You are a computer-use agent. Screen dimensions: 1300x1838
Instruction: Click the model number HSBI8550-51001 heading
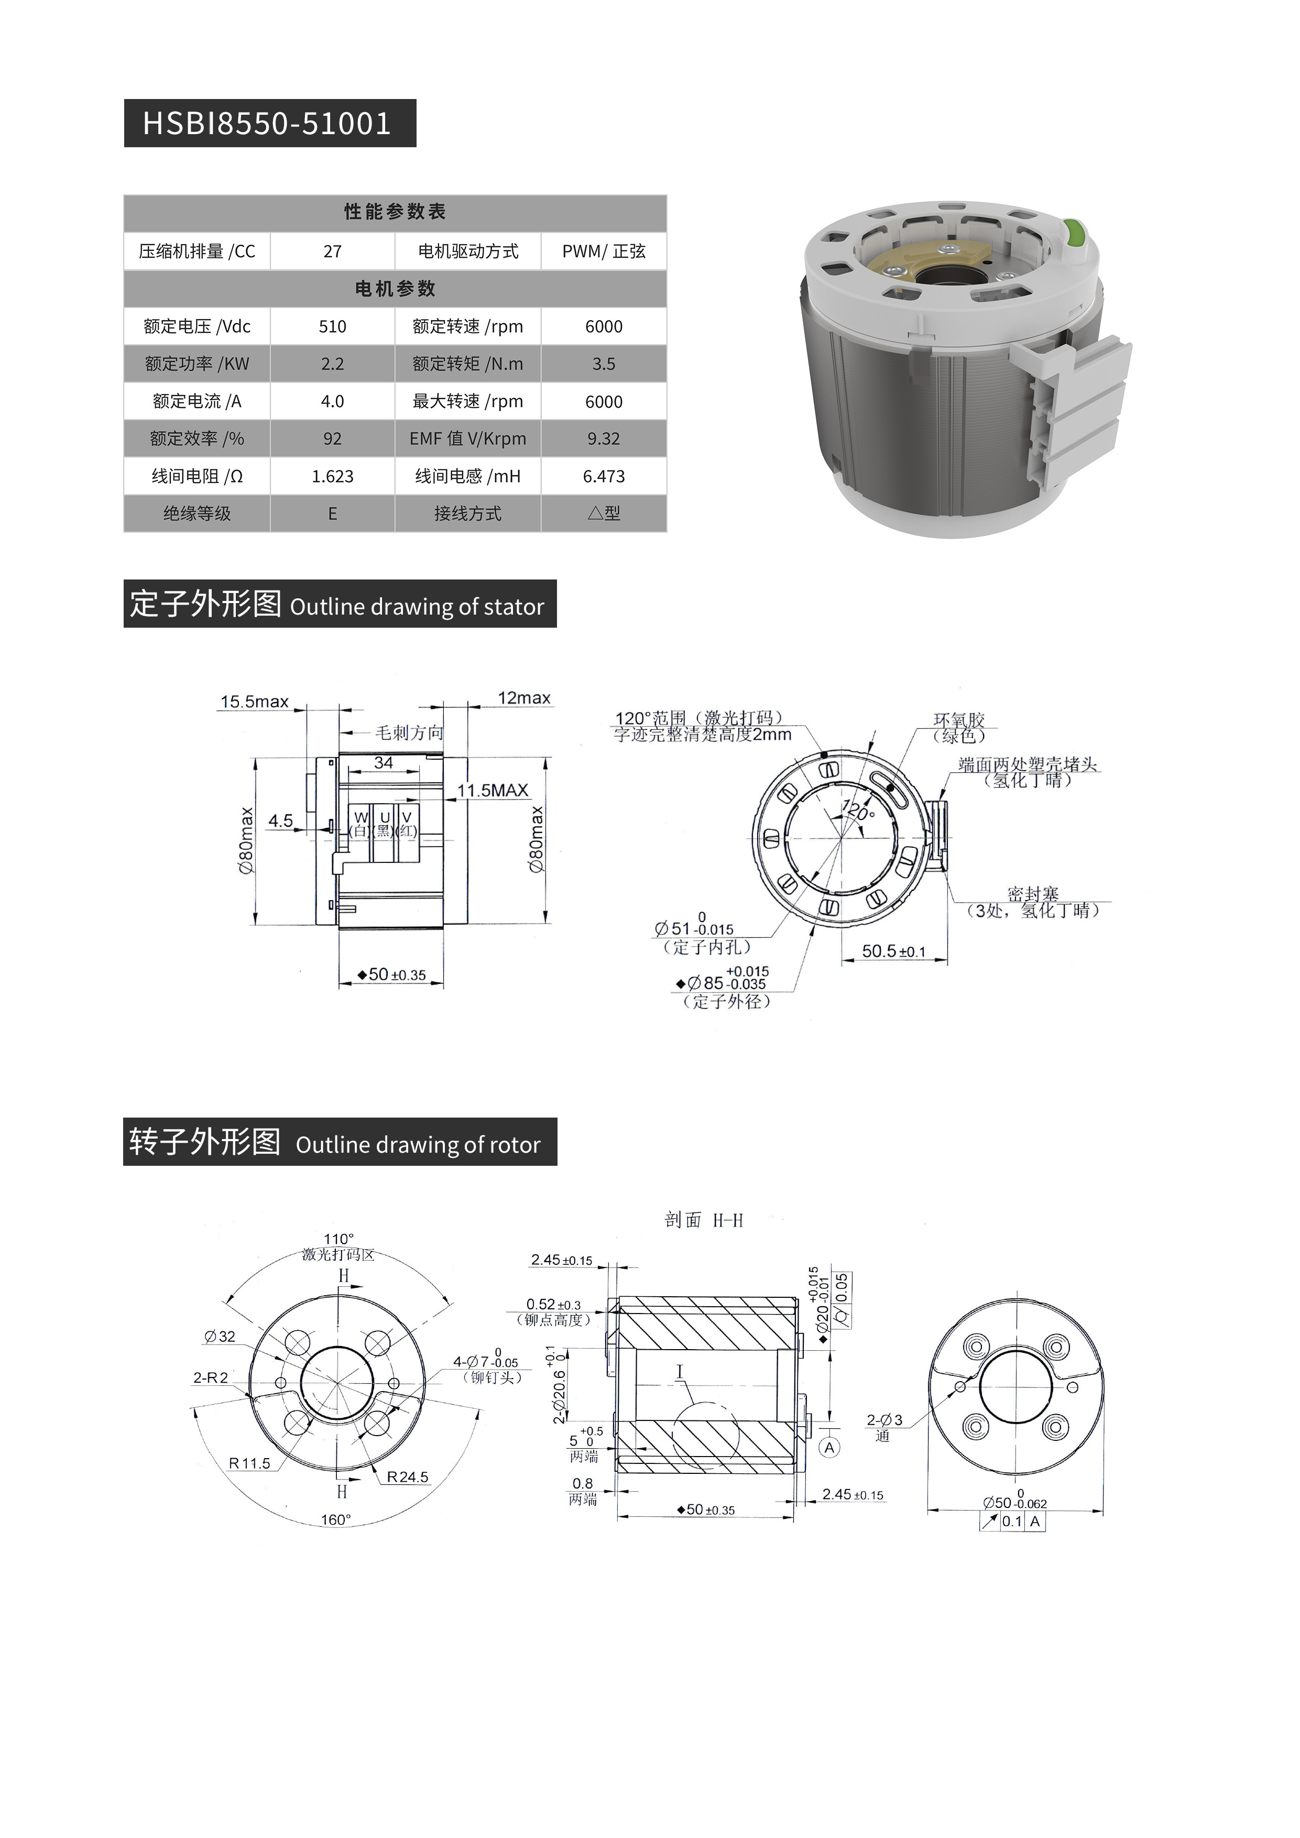tap(267, 123)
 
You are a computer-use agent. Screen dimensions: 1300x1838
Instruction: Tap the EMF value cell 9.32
tap(604, 439)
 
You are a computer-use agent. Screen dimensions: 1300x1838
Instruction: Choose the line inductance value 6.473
tap(604, 476)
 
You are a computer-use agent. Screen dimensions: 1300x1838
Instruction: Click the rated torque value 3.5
tap(604, 364)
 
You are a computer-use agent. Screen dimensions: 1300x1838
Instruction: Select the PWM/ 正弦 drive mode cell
tap(604, 251)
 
